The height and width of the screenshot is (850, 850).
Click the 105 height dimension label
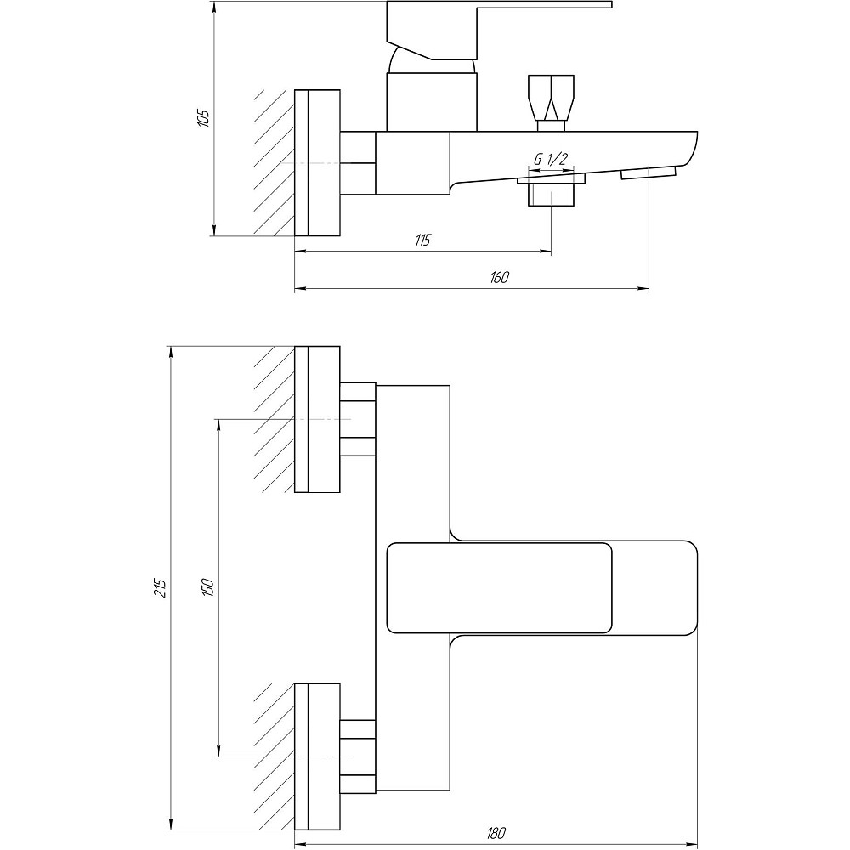tap(202, 117)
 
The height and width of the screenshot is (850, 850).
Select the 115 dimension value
tap(423, 240)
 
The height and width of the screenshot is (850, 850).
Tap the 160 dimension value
tap(499, 278)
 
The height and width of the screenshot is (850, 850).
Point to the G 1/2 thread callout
tap(550, 159)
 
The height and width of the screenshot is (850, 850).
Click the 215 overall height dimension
tap(161, 586)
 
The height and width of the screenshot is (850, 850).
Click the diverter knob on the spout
tap(551, 98)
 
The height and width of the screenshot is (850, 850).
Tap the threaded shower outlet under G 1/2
tap(551, 194)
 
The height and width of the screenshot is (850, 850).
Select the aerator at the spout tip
tap(649, 173)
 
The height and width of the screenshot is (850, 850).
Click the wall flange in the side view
tap(317, 162)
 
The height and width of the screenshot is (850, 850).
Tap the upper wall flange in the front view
tap(317, 419)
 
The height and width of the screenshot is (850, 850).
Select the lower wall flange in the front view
tap(317, 756)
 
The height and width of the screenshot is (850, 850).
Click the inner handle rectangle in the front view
tap(499, 587)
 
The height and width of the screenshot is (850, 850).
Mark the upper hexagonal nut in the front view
tap(358, 419)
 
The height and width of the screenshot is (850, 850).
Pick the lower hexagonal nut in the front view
tap(358, 756)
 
